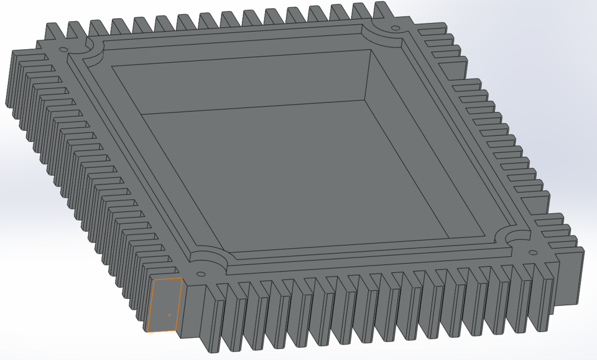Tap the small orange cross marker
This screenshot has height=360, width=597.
169,315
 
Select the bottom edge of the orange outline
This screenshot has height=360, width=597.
162,331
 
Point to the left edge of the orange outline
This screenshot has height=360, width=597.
150,305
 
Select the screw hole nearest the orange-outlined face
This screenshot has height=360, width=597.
200,274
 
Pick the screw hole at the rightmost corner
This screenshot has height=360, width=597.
532,252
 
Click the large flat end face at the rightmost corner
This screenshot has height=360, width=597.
568,277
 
